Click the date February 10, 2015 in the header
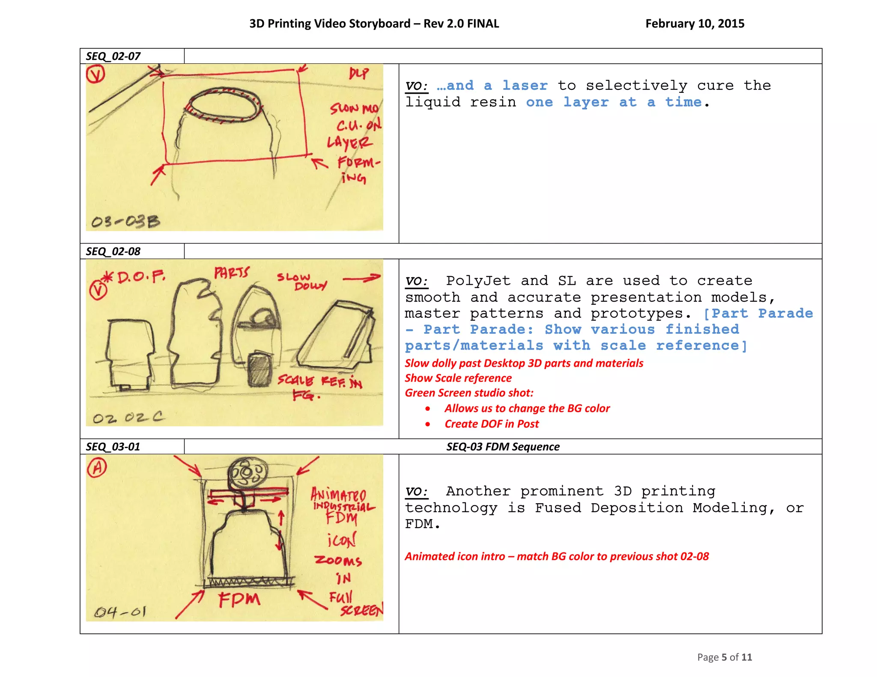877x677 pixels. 695,24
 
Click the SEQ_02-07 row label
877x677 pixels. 113,56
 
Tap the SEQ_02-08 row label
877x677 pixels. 113,251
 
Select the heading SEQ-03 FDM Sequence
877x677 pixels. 503,447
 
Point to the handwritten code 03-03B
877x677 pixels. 125,221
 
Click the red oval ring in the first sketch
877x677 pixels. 223,105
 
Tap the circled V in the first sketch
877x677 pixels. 95,74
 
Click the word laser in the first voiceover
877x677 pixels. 525,86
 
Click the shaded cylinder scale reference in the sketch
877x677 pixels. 260,369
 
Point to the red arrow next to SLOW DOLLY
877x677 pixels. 362,279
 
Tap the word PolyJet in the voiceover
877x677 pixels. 478,281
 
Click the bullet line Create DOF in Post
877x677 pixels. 492,424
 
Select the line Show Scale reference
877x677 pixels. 458,378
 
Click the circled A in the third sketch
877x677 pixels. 97,467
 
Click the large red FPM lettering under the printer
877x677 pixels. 239,599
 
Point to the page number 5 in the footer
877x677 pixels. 724,657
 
